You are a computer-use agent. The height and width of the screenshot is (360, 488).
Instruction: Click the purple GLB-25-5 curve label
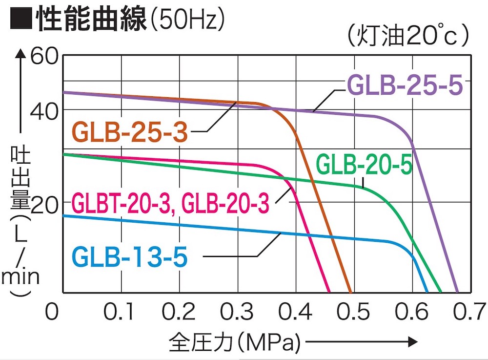pyautogui.click(x=405, y=86)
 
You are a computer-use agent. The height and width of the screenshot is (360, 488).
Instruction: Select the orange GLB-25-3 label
pyautogui.click(x=130, y=132)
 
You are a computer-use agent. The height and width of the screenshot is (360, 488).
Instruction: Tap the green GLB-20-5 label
pyautogui.click(x=365, y=164)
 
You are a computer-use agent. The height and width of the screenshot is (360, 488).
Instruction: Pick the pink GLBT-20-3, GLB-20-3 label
pyautogui.click(x=170, y=203)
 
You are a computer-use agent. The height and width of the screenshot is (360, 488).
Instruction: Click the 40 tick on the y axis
pyautogui.click(x=45, y=110)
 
